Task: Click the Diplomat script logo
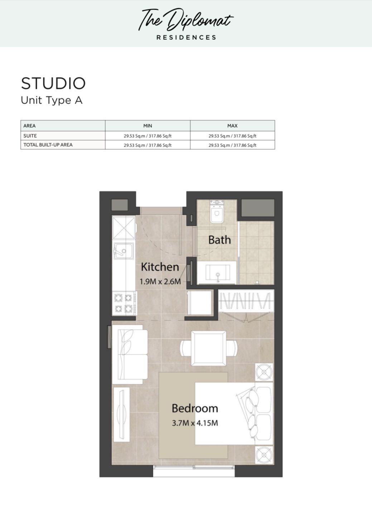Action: [x=186, y=20]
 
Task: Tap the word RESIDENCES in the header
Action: [x=186, y=38]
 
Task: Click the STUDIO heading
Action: [x=53, y=83]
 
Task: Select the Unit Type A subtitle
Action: [x=52, y=100]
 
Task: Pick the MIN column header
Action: [x=148, y=126]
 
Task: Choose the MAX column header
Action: [x=232, y=126]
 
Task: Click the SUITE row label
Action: [x=30, y=135]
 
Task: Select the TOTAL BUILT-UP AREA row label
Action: [x=48, y=145]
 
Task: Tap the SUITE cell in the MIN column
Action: [x=148, y=136]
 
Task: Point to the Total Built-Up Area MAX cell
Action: [x=232, y=145]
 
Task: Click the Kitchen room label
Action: [x=160, y=267]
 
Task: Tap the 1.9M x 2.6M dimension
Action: [x=160, y=281]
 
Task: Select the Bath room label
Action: [x=219, y=240]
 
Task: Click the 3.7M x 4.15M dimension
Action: [x=195, y=423]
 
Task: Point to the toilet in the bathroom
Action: [x=217, y=212]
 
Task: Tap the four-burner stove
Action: [x=124, y=303]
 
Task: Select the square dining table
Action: [x=209, y=348]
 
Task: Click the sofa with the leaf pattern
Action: [x=130, y=355]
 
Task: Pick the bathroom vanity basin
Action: [x=218, y=272]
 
